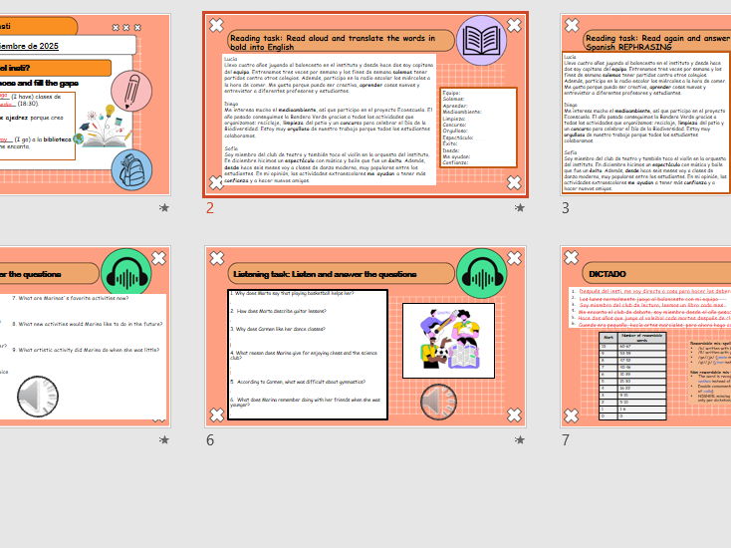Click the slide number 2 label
point(210,208)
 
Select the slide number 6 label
point(210,439)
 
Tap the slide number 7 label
point(566,439)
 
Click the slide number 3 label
point(566,208)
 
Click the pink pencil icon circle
point(131,91)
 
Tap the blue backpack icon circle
point(131,168)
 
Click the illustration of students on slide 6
point(447,340)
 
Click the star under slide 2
point(519,208)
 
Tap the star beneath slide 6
point(519,439)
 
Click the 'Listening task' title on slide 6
point(324,274)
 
